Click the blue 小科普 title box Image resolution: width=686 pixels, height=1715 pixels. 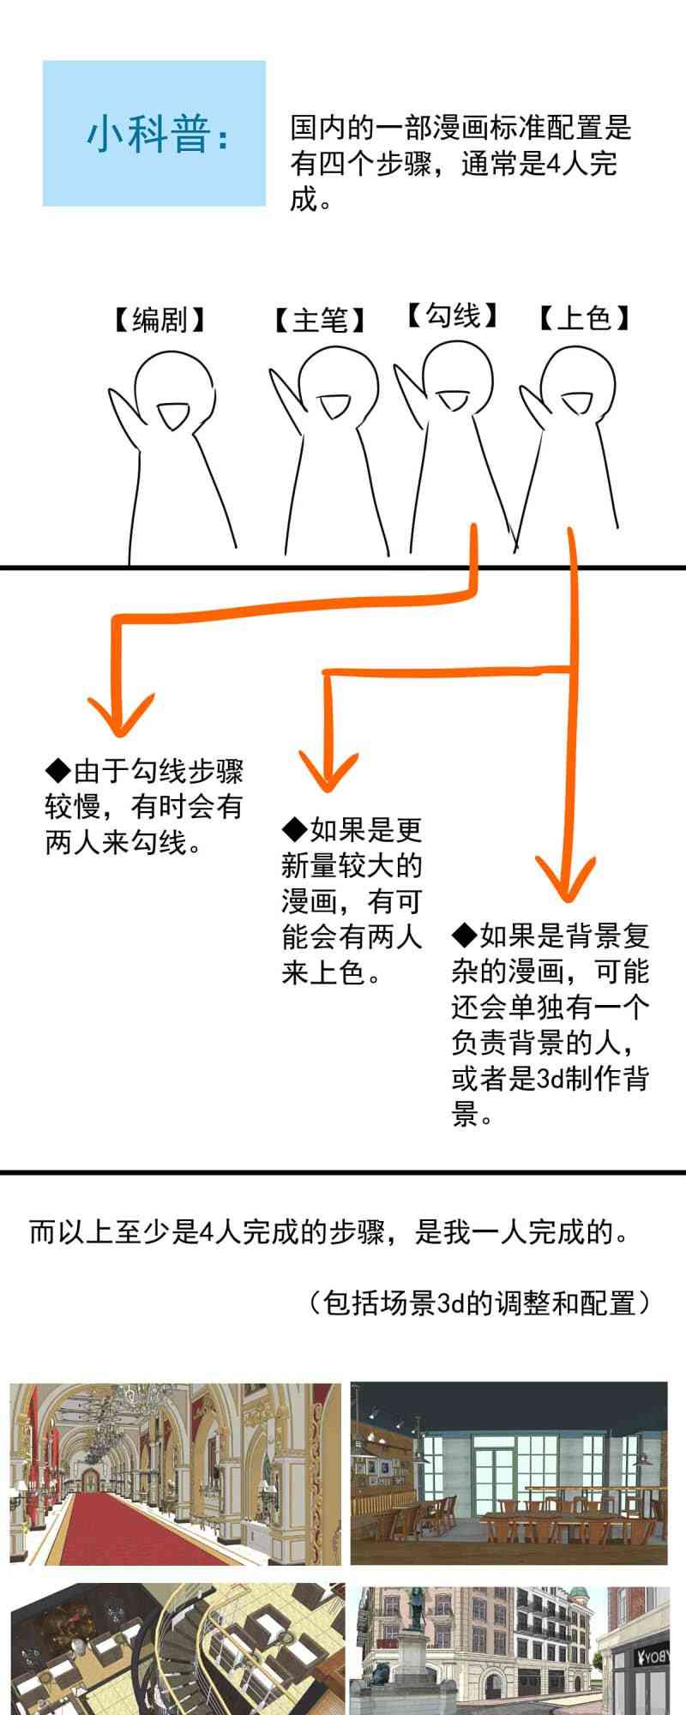pos(154,133)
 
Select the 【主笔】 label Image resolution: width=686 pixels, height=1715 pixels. pos(320,321)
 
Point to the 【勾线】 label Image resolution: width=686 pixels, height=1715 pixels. pos(452,316)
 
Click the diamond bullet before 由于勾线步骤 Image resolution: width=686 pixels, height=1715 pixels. pos(57,770)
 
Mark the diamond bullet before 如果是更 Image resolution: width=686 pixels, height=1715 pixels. pos(294,829)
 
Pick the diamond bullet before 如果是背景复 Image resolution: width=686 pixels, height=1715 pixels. pos(465,934)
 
